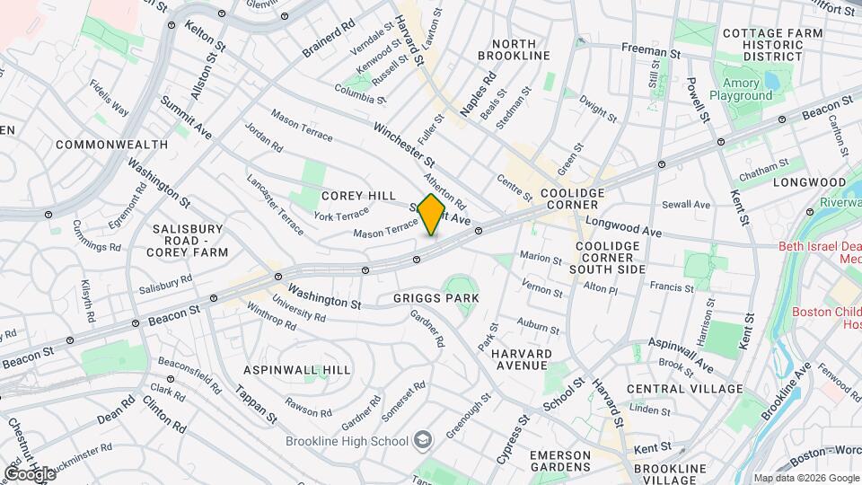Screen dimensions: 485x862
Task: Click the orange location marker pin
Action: pos(431,215)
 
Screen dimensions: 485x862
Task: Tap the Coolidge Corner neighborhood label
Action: pos(572,200)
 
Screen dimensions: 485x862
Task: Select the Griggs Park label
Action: pos(435,297)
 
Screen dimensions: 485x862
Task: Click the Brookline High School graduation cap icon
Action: pos(422,440)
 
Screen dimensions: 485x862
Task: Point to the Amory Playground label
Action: pos(741,89)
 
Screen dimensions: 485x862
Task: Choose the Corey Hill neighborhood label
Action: pos(358,196)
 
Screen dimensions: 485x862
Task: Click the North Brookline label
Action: pos(520,49)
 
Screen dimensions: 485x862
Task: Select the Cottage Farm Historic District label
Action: pos(772,45)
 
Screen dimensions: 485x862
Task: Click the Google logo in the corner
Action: pos(29,473)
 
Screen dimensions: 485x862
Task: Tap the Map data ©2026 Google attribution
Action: pos(805,478)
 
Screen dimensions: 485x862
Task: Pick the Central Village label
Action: pos(684,389)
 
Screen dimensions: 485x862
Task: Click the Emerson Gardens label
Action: pos(559,462)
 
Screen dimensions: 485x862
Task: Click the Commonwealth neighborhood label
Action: pos(111,144)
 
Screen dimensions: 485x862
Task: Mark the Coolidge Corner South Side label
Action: pos(610,258)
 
